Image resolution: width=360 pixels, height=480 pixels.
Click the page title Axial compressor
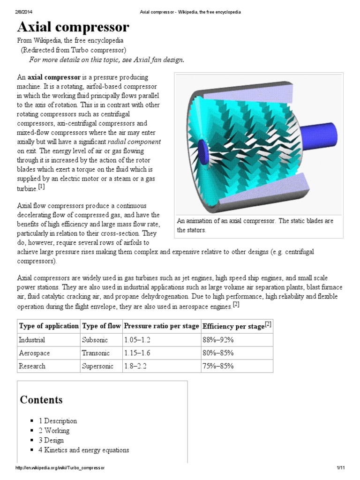coord(73,27)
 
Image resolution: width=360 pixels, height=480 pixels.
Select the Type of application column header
coord(48,326)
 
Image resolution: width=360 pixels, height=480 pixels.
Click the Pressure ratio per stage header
coord(161,326)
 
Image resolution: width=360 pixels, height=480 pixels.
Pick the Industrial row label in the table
coord(32,339)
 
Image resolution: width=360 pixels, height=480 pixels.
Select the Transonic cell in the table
coord(96,352)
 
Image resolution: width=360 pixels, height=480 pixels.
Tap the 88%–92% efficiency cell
coord(218,339)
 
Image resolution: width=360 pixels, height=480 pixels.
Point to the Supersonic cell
coord(97,366)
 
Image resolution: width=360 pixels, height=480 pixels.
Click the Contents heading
coord(41,400)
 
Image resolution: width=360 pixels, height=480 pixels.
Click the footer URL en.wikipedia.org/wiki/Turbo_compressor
coord(60,468)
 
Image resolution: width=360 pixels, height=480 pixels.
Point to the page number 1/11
coord(340,468)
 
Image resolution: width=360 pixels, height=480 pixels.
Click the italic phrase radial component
coord(134,142)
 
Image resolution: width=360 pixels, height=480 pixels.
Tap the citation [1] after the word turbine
coord(41,187)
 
